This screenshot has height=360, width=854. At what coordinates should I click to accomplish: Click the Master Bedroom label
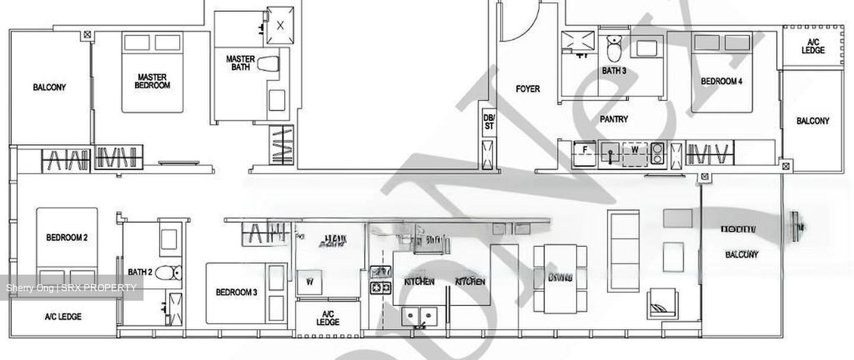coord(152,81)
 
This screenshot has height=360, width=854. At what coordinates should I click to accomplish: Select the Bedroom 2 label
coord(67,238)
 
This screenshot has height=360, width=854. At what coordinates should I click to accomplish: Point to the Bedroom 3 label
coord(236,292)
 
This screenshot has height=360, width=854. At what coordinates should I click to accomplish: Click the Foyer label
coord(528,89)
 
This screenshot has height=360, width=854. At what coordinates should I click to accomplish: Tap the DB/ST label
coord(489,122)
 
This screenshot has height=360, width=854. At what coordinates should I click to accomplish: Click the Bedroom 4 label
coord(721,81)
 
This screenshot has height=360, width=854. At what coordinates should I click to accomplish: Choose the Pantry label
coord(614,119)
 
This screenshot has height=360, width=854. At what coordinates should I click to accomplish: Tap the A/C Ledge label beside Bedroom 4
coord(812,46)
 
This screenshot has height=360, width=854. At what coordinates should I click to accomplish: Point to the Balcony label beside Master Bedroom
coord(49,87)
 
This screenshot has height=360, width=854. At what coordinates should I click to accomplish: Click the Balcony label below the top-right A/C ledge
coord(812,121)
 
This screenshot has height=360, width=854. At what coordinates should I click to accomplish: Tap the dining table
coord(560,279)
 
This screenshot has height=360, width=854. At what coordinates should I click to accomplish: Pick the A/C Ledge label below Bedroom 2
coord(63,317)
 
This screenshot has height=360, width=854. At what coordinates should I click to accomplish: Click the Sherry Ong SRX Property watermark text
coord(71,288)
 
